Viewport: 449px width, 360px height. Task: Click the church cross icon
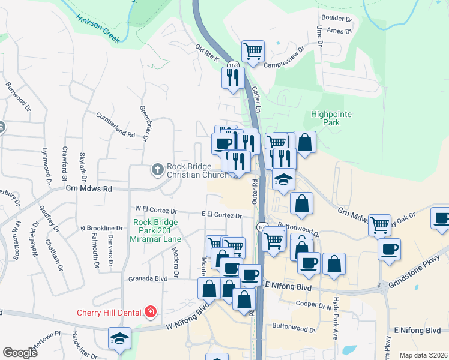[158, 170]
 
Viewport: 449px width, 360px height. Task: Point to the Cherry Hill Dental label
[109, 312]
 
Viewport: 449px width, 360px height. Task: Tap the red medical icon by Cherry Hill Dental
[149, 312]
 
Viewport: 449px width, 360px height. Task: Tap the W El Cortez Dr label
[157, 211]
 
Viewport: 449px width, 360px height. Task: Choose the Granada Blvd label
[147, 279]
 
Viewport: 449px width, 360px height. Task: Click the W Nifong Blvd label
[188, 326]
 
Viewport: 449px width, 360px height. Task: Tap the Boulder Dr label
[337, 19]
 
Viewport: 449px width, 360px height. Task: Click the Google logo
[20, 353]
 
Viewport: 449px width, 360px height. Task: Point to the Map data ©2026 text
[423, 355]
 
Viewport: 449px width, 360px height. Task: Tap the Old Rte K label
[208, 53]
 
